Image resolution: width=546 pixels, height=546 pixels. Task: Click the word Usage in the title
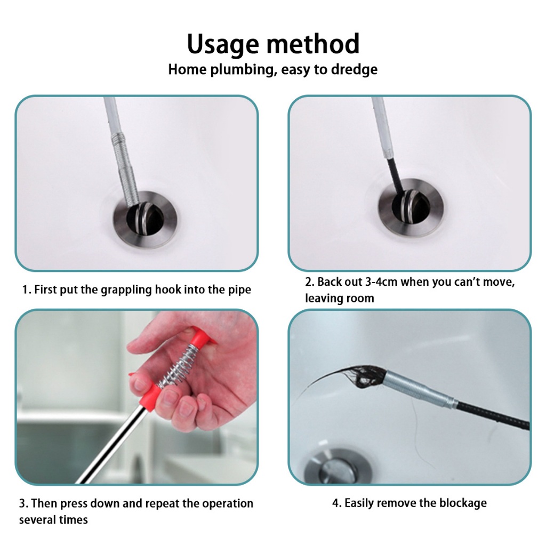(223, 45)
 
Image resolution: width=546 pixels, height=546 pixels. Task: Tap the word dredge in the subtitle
(354, 69)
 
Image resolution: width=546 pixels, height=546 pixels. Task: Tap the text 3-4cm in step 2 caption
(381, 282)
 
